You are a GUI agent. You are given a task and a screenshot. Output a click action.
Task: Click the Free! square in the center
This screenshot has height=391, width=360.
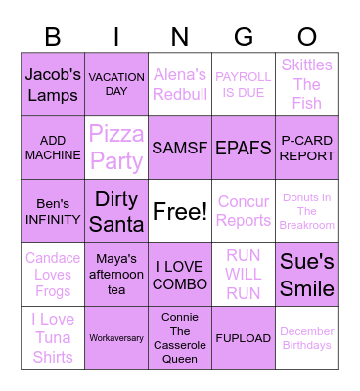point(180,211)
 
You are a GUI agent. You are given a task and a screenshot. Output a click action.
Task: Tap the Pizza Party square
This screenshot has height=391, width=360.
point(116,148)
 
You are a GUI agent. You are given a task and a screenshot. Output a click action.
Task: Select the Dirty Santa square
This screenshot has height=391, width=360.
point(116,211)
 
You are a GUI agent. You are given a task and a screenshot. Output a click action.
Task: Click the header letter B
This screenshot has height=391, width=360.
point(53,37)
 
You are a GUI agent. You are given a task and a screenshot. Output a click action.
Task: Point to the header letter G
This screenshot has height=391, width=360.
point(244,37)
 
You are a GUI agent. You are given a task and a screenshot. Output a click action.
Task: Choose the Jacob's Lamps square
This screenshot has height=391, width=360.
point(53,84)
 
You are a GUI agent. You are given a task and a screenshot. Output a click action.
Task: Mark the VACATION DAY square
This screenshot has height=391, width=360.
point(116,84)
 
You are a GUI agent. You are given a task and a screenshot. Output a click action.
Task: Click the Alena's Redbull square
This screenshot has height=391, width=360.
point(180,84)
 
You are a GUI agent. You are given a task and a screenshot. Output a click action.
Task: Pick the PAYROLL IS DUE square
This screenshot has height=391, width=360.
point(244,84)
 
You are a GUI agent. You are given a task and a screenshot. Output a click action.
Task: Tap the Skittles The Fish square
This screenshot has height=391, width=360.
point(307,84)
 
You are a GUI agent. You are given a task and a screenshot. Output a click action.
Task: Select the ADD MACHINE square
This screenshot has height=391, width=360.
point(53,148)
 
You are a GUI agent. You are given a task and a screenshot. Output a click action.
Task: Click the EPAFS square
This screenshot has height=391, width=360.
point(244,148)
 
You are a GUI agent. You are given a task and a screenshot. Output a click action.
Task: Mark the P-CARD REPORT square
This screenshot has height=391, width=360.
point(307,148)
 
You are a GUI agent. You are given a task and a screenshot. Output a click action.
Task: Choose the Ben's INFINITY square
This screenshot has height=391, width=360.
point(53,211)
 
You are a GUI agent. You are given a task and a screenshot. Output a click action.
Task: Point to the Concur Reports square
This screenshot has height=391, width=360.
point(244,211)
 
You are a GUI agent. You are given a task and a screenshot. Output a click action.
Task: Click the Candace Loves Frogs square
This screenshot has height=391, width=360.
point(53,275)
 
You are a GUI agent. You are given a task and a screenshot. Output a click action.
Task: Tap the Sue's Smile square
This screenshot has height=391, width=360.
point(307,275)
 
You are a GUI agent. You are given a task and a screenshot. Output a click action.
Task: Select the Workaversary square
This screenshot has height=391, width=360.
point(116,338)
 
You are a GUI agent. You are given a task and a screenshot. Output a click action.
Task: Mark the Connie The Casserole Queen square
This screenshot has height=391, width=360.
point(180,338)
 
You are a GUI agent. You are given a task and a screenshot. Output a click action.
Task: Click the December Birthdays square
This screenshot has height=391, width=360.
point(307,338)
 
